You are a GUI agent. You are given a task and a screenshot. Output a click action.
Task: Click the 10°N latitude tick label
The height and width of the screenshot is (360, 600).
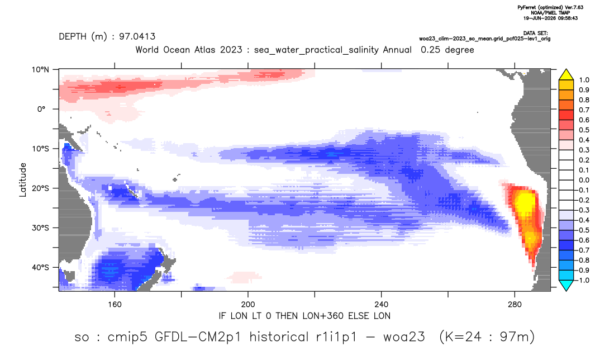pyautogui.click(x=40, y=70)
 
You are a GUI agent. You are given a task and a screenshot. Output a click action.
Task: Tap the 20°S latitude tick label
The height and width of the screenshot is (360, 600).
pyautogui.click(x=40, y=188)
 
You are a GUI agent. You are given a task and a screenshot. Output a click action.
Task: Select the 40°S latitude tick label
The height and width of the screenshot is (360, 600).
pyautogui.click(x=40, y=267)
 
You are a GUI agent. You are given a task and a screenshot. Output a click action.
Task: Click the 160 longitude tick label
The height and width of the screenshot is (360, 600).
pyautogui.click(x=115, y=305)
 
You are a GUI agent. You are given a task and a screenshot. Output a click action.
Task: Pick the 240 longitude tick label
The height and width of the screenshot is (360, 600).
pyautogui.click(x=382, y=305)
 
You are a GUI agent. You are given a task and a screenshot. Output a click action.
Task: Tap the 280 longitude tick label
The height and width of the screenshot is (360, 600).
pyautogui.click(x=515, y=305)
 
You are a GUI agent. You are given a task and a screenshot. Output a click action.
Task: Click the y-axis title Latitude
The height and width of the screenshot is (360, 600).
pyautogui.click(x=23, y=180)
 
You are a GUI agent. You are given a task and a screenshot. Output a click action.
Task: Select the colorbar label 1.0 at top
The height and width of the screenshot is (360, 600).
pyautogui.click(x=584, y=80)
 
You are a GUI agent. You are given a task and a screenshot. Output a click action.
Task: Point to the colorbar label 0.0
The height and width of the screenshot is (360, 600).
pyautogui.click(x=584, y=180)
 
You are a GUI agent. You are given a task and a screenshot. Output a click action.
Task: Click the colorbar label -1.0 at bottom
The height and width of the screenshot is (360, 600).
pyautogui.click(x=583, y=280)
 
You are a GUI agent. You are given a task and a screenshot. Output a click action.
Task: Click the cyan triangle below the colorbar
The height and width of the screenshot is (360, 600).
pyautogui.click(x=566, y=285)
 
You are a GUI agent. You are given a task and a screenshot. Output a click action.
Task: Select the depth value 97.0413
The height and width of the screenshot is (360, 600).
pyautogui.click(x=137, y=37)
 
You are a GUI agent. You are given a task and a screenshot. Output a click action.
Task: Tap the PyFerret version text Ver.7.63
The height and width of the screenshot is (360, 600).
pyautogui.click(x=574, y=8)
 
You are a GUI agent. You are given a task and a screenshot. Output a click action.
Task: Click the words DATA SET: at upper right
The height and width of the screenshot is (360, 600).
pyautogui.click(x=535, y=34)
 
